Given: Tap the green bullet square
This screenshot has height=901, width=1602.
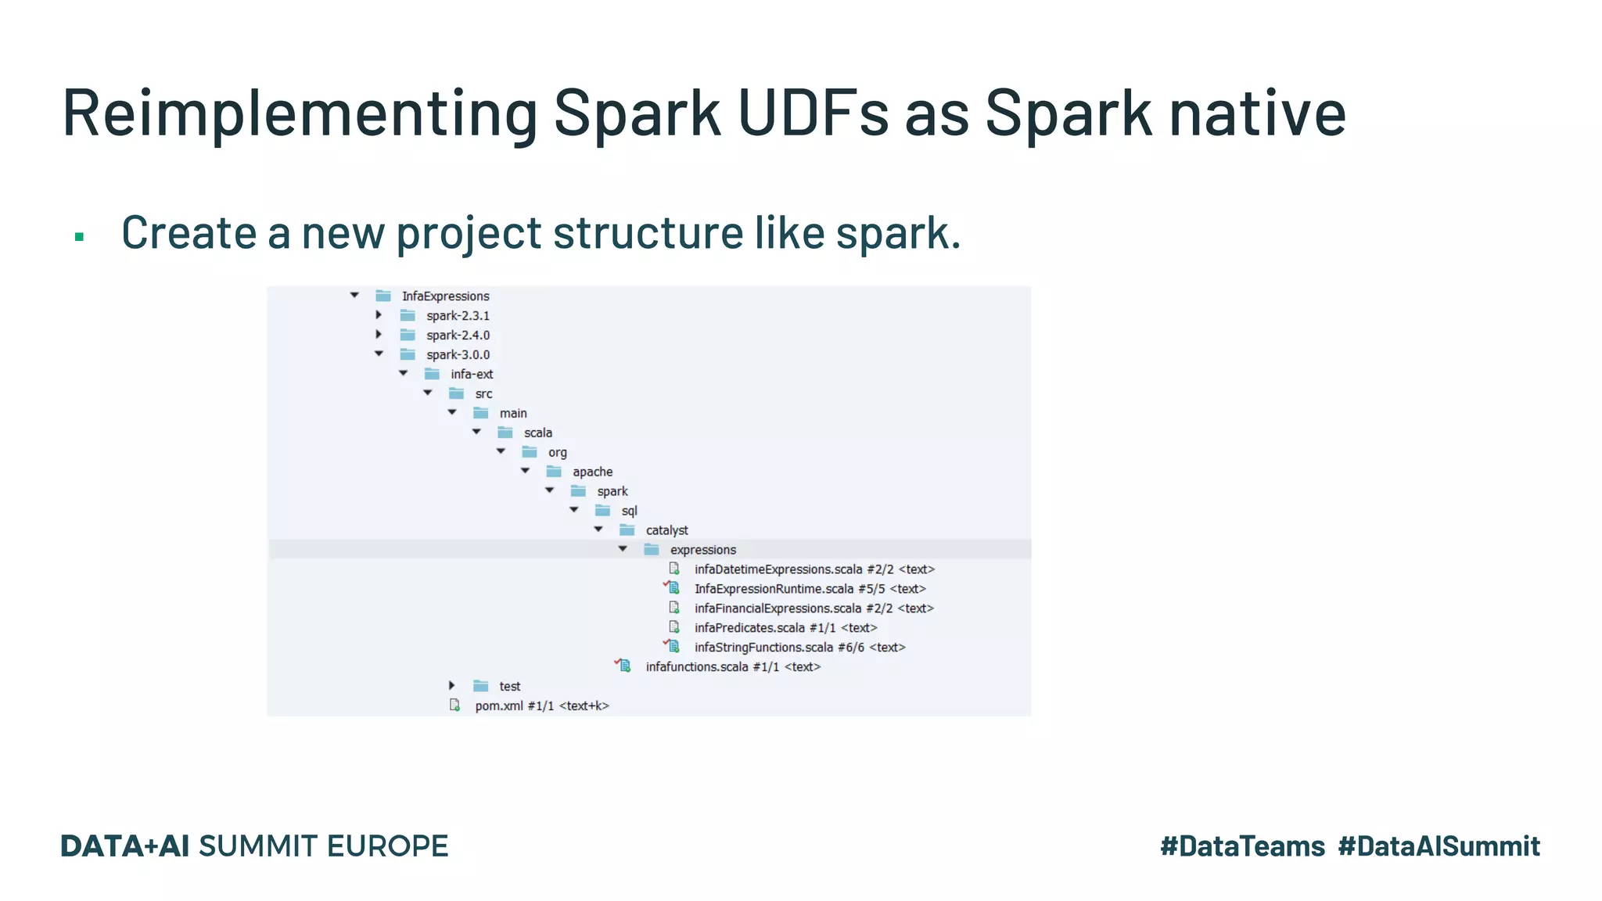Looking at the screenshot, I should point(79,236).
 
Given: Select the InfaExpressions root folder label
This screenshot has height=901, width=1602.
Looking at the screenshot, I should point(445,296).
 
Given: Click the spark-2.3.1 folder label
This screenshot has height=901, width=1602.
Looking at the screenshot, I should point(458,316).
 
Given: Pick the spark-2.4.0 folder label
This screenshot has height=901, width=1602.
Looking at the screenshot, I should point(458,336).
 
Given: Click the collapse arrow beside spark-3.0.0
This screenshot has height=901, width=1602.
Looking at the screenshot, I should point(379,354).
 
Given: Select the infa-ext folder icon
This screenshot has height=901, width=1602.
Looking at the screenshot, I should point(432,375).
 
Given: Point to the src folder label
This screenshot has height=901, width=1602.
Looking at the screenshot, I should point(483,394).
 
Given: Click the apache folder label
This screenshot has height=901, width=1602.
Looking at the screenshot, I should point(592,472).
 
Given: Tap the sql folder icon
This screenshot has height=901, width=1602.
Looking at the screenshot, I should point(602,511).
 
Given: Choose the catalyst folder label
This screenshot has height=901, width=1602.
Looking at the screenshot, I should point(666,530).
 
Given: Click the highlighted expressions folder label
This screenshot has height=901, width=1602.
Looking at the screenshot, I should point(702,550).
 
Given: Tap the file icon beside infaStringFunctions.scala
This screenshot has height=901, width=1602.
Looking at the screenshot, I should point(673,647).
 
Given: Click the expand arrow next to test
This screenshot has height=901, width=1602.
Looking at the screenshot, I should point(452,686).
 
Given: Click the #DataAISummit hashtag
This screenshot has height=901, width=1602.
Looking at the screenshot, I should point(1439,846).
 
